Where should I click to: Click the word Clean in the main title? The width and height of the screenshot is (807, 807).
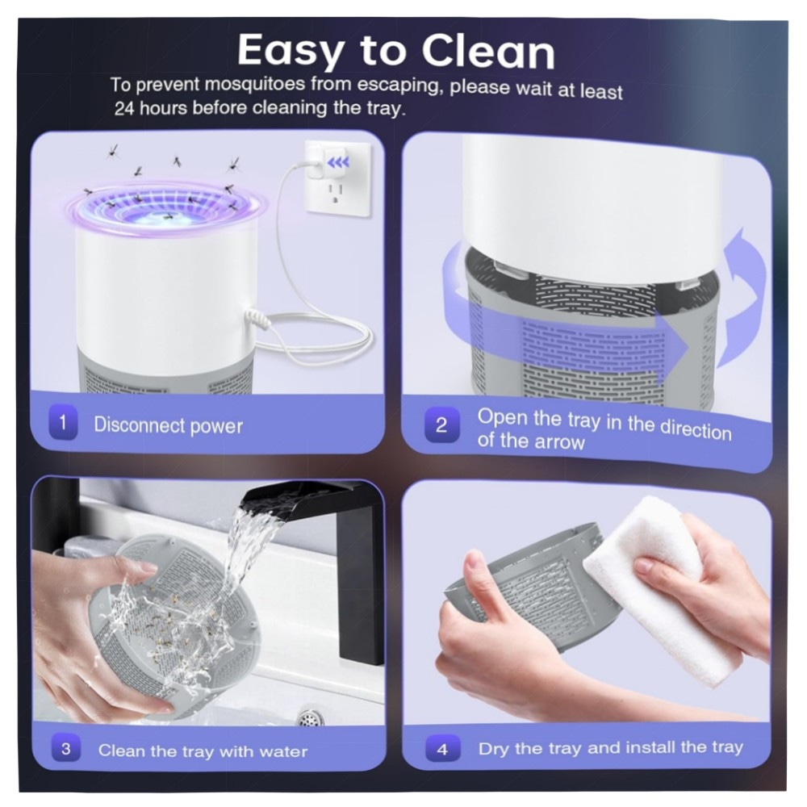pos(488,52)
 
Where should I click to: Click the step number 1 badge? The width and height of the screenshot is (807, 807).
pos(63,423)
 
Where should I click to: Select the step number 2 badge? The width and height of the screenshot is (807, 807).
pos(441,424)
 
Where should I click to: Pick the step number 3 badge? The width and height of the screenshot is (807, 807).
pos(66,748)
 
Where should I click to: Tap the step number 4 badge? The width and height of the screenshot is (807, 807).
pos(442,750)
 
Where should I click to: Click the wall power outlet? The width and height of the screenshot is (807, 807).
pos(338,178)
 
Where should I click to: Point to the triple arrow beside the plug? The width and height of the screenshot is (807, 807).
pos(338,163)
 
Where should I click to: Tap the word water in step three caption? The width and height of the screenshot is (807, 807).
pos(283,751)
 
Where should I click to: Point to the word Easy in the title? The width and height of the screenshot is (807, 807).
pos(291,52)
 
